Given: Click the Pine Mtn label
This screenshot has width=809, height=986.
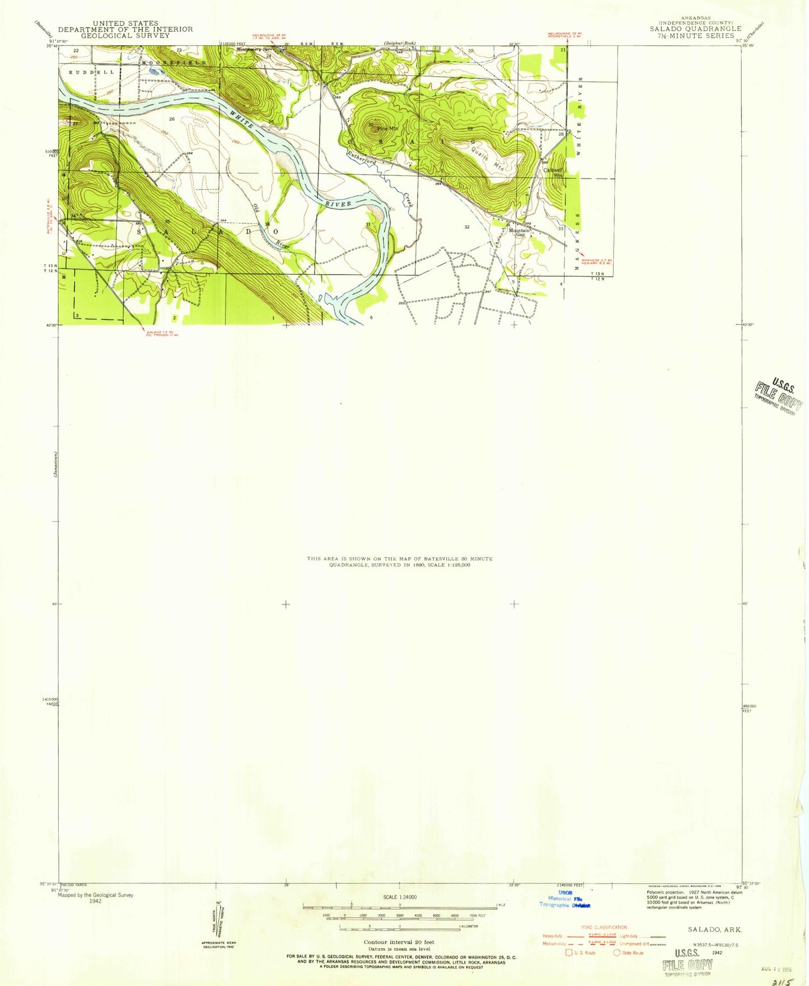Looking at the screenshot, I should [387, 129].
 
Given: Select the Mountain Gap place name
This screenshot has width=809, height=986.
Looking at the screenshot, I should [519, 232].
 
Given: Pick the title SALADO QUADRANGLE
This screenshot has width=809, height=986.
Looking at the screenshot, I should [695, 29].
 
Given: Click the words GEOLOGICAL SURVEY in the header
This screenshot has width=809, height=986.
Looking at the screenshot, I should [125, 35].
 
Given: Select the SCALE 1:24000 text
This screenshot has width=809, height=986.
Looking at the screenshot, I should [400, 897].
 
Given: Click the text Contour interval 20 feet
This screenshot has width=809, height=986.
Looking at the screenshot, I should [399, 942].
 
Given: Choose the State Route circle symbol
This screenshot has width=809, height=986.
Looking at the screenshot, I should [616, 952].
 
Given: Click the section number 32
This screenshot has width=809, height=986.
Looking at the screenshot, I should [466, 227].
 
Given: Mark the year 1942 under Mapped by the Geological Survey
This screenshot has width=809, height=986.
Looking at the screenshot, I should [95, 901].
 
